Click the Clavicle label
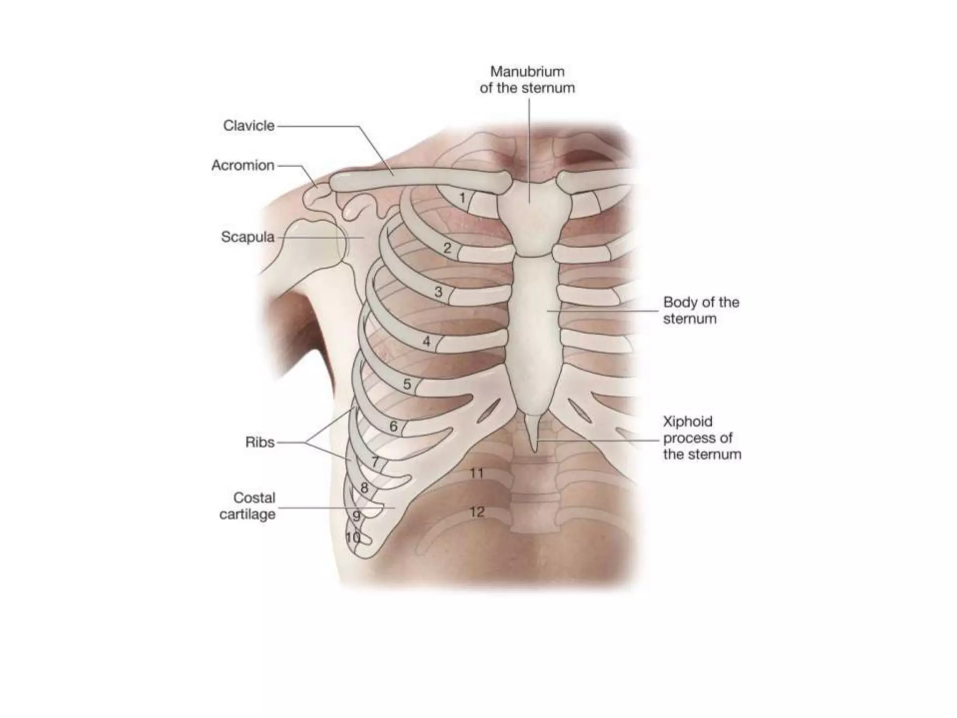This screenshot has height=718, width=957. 249,126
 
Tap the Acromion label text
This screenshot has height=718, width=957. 243,165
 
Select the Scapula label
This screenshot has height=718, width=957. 248,237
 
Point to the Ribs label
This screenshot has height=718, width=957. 260,442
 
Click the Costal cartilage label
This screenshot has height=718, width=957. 248,506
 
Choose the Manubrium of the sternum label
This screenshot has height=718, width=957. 527,80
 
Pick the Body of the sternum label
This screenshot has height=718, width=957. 700,310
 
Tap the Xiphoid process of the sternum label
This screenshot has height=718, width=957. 702,438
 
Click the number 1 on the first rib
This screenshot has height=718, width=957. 462,198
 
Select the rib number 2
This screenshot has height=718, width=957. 447,248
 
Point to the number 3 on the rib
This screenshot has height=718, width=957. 438,292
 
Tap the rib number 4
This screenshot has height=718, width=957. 426,342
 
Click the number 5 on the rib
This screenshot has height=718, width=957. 407,384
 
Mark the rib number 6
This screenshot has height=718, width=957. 393,426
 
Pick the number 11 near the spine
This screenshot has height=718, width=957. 476,474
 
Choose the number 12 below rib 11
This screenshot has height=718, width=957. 477,512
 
